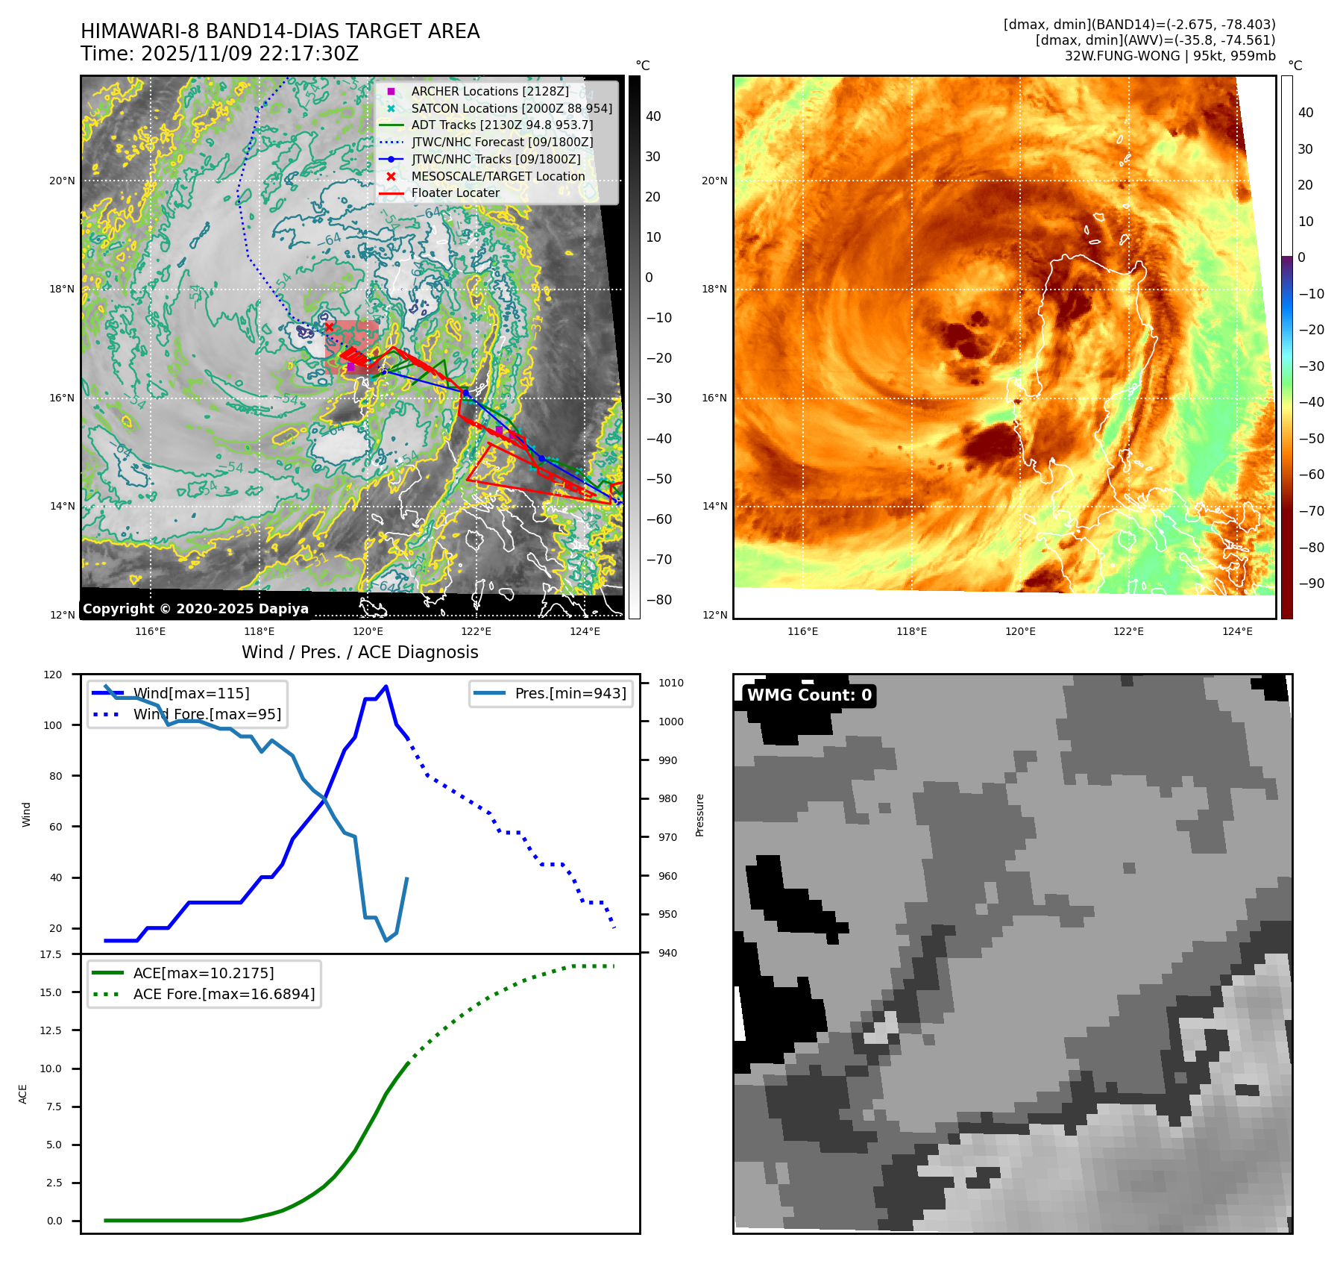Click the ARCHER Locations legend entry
tap(489, 91)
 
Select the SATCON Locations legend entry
tap(511, 108)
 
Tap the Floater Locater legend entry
tap(455, 193)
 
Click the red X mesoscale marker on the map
tap(329, 327)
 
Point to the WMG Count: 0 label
tap(809, 695)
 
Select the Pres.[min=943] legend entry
tap(570, 693)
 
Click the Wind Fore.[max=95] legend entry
tap(207, 714)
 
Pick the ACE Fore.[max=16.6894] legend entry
tap(224, 994)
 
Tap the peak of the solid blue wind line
tap(386, 686)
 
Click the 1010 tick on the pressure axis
tap(670, 683)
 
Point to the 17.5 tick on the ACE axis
tap(51, 954)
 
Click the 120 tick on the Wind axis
tap(53, 675)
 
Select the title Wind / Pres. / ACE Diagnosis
tap(359, 652)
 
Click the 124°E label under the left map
tap(585, 631)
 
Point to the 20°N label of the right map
tap(714, 181)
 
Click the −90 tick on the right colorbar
tap(1311, 583)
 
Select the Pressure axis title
tap(699, 815)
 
